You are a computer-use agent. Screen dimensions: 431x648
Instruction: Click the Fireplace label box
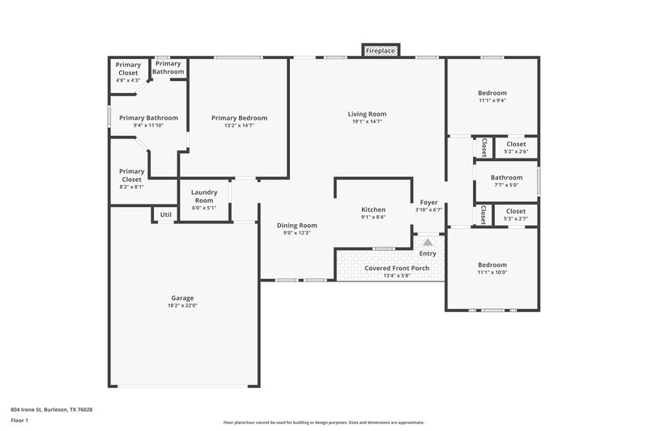pos(380,51)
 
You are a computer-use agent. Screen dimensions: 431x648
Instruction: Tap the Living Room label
pos(367,114)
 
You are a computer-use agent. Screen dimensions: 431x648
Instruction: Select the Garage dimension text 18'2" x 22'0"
pos(183,306)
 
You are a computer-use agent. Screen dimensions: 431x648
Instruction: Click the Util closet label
pos(165,214)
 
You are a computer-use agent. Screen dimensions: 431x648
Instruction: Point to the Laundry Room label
pos(203,196)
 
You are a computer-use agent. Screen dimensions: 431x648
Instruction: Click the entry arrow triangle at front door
pos(427,242)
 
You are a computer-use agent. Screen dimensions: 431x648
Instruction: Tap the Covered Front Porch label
pos(386,268)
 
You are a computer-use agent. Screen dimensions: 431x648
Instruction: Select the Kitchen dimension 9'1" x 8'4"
pos(373,217)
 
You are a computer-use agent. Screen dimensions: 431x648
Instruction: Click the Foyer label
pos(428,202)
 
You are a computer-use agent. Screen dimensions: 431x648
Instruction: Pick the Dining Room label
pos(297,225)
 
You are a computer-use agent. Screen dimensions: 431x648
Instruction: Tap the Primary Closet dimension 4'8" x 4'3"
pos(128,80)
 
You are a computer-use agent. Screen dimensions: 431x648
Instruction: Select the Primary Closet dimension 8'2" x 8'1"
pos(131,186)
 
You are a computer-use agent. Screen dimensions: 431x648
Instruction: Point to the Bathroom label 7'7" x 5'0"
pos(506,177)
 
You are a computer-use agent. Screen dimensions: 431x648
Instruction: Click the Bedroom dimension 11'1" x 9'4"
pos(492,100)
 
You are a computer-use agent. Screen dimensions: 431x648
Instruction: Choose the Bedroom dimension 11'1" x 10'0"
pos(492,273)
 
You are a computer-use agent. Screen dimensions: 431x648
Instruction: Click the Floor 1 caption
pos(19,421)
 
